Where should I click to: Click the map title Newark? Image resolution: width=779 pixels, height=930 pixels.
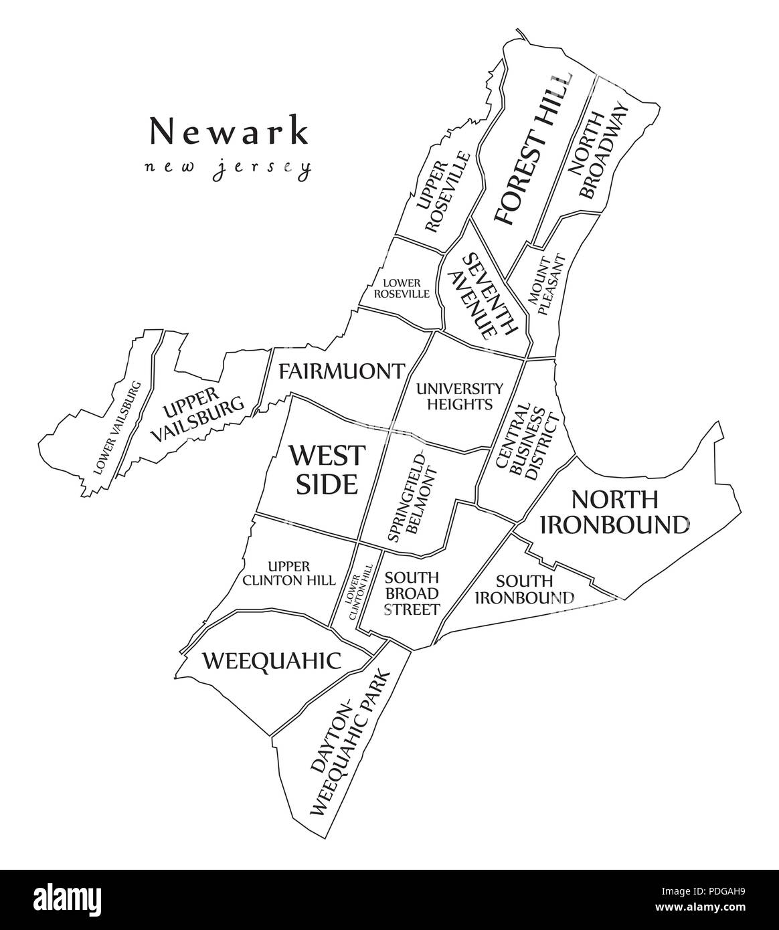[x=229, y=130]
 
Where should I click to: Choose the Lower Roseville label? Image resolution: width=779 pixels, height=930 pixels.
[x=402, y=288]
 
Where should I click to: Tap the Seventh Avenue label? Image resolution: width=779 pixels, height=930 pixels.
[x=483, y=294]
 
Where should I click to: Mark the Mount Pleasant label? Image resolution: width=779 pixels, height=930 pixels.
[x=547, y=284]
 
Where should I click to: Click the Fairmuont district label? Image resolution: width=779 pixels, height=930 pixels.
[x=341, y=371]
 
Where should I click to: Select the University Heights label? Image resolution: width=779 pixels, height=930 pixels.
[x=459, y=396]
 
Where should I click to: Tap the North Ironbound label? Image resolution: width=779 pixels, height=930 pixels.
[x=614, y=511]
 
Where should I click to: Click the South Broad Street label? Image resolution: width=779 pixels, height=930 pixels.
[x=412, y=593]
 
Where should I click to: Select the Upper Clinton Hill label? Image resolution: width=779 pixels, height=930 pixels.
[x=288, y=573]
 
